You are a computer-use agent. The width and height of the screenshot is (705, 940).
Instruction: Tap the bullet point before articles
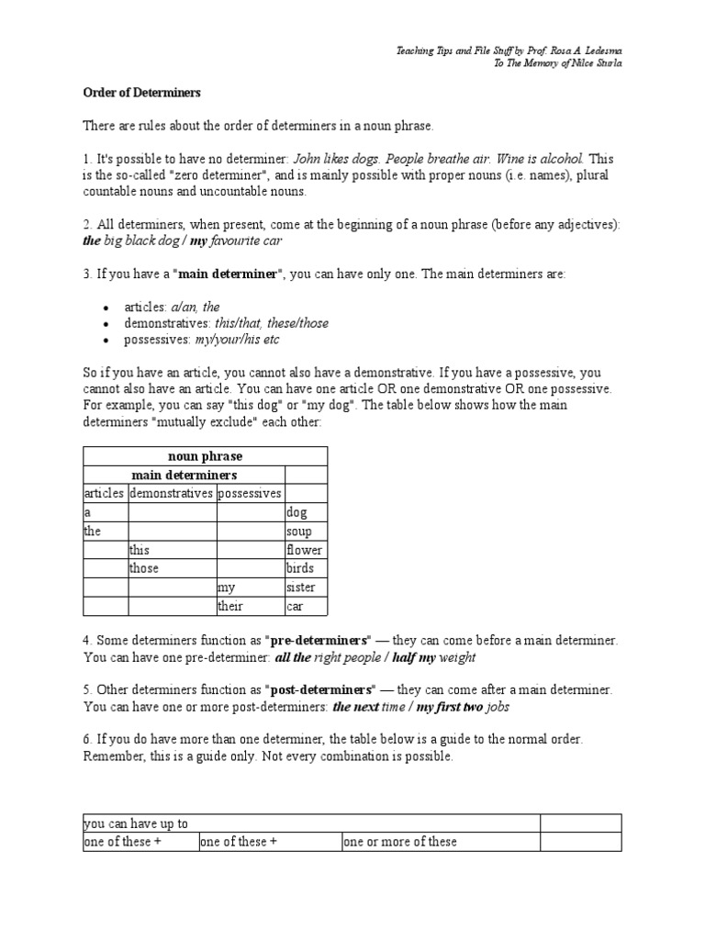click(x=107, y=308)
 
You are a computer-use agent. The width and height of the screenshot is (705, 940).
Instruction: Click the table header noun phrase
click(x=205, y=456)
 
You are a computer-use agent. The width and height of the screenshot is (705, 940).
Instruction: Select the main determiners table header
click(x=184, y=476)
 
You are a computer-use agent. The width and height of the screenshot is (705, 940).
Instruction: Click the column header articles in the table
click(x=104, y=494)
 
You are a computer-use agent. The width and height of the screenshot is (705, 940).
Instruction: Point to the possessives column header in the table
click(x=250, y=494)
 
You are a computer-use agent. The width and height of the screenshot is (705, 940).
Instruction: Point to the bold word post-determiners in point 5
click(x=321, y=688)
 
